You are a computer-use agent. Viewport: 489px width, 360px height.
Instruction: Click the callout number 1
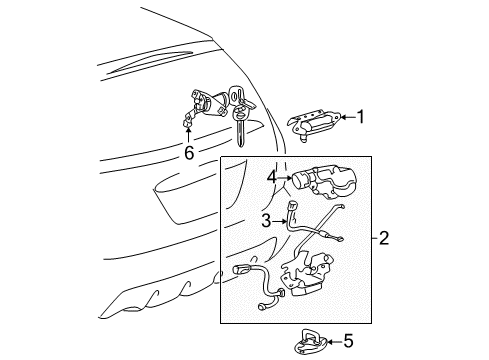(x=361, y=116)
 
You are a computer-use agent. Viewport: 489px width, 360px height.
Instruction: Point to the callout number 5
(x=348, y=341)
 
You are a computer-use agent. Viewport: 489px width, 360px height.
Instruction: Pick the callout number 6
(x=188, y=153)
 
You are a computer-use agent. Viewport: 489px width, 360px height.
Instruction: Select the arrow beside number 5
(x=332, y=341)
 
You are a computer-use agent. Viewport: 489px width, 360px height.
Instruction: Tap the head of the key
(x=239, y=98)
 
